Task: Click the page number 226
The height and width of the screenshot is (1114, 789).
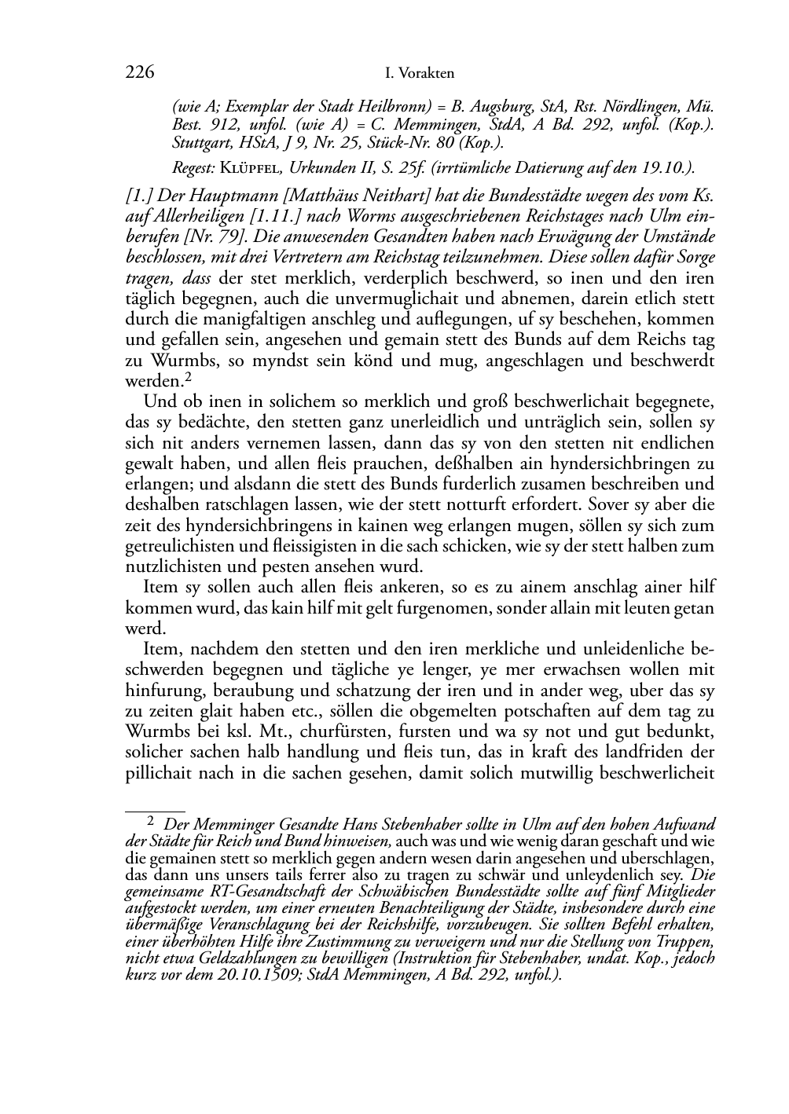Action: [139, 73]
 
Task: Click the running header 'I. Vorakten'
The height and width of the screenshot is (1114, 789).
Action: [420, 74]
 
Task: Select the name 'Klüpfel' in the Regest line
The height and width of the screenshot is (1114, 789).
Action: [250, 167]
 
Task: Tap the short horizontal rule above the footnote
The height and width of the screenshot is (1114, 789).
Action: [155, 808]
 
